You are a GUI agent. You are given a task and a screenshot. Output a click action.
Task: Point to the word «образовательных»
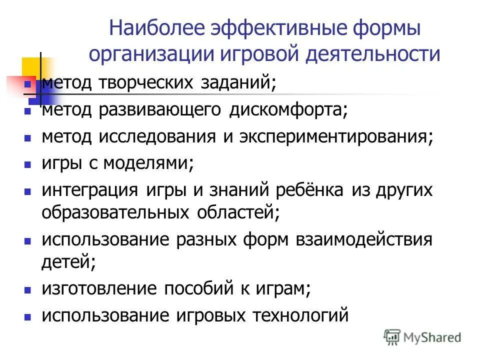(116, 213)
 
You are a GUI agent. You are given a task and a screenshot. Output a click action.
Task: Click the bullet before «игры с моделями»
(28, 164)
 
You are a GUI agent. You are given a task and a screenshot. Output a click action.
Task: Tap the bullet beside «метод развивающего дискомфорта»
(28, 110)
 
